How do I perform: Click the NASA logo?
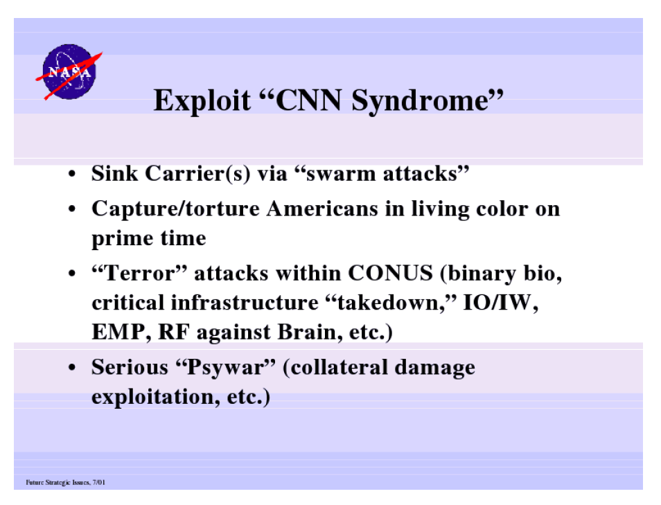[x=69, y=72]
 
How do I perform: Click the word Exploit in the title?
[x=202, y=101]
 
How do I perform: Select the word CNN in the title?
[x=308, y=100]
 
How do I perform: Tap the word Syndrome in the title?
[x=421, y=101]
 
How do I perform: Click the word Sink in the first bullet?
[x=114, y=173]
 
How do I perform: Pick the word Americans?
[x=322, y=209]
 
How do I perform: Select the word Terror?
[x=139, y=273]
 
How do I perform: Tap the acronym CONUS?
[x=390, y=273]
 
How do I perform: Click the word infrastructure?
[x=245, y=303]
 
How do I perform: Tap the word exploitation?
[x=152, y=397]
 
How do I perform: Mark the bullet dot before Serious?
[x=72, y=368]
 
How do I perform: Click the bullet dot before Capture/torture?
[x=72, y=209]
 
